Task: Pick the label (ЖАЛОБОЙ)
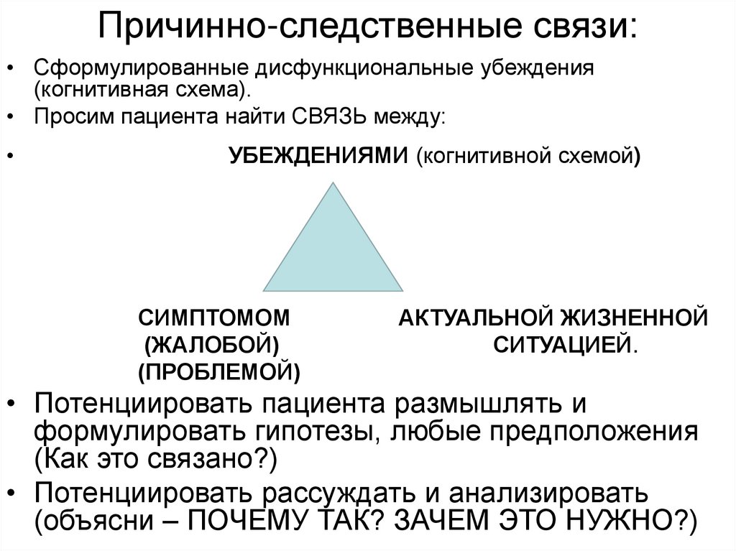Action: [212, 344]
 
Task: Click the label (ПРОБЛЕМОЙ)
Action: [219, 371]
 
